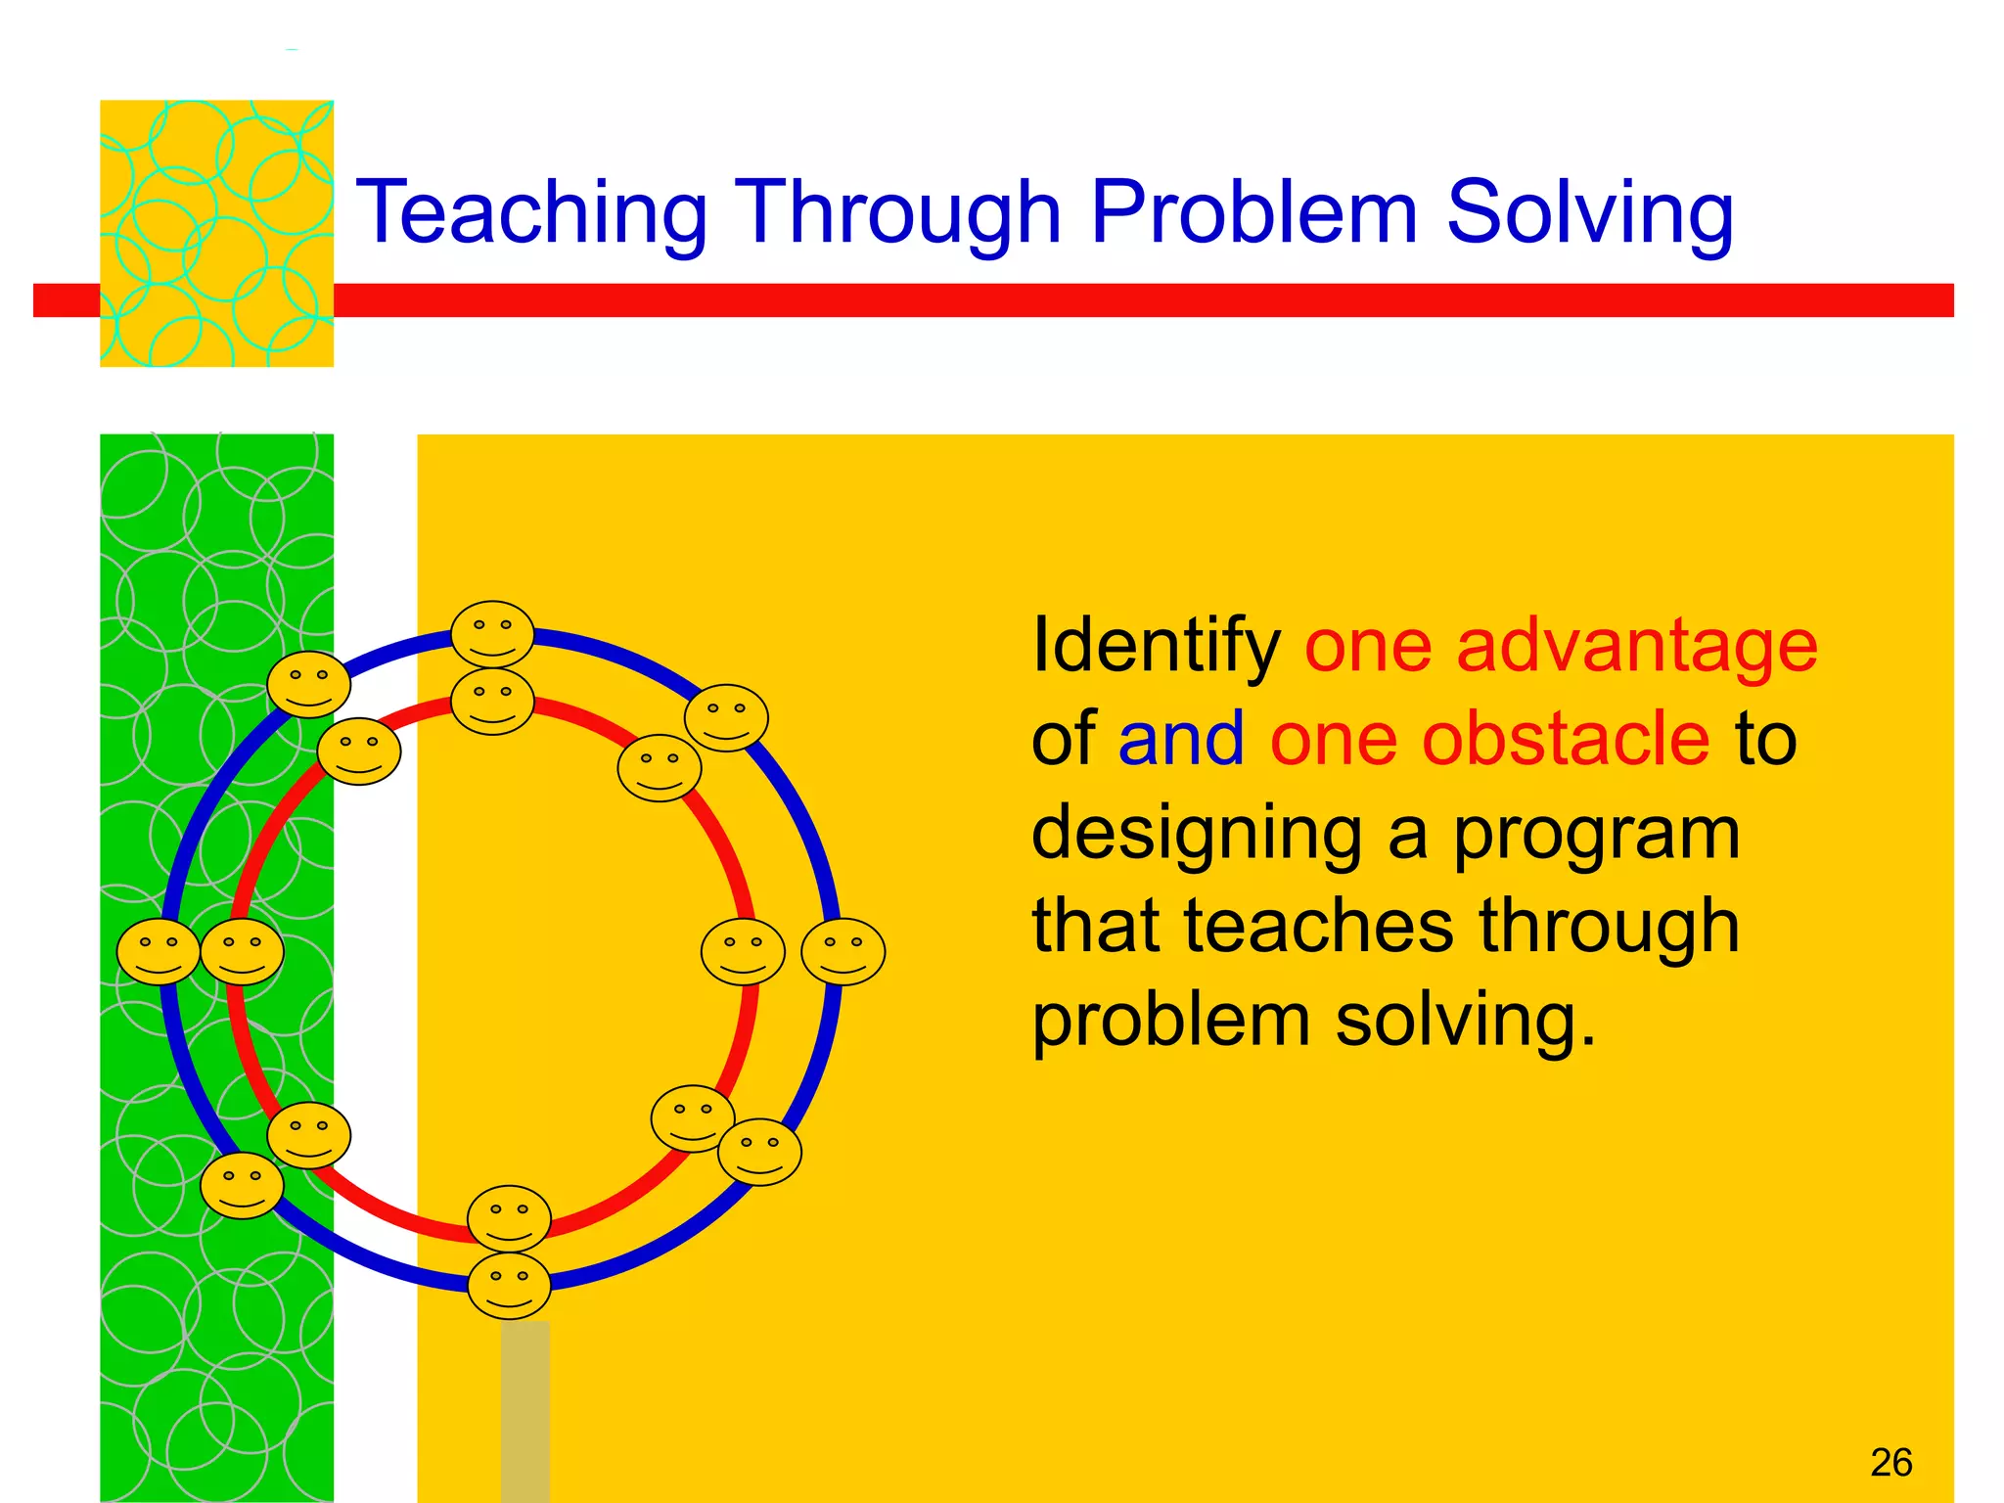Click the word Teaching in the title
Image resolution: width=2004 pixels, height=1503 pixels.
coord(531,212)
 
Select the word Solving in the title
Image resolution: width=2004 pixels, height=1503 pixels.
coord(1590,212)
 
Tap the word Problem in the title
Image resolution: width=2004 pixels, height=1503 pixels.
coord(1253,212)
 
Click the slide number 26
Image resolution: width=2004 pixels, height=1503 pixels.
coord(1890,1463)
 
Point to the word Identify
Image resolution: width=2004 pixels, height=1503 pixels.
coord(1156,646)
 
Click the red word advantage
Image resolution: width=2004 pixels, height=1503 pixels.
coord(1637,646)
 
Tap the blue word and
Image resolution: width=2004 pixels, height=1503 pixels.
coord(1181,739)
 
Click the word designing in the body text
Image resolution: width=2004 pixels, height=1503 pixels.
coord(1197,834)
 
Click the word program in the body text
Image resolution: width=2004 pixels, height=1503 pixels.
coord(1596,834)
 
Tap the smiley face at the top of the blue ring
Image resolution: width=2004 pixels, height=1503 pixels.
coord(492,634)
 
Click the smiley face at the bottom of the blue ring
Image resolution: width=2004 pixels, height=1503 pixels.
coord(509,1286)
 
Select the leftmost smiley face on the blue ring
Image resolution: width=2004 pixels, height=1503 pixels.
coord(159,951)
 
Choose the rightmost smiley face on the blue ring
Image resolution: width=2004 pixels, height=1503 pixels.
coord(843,951)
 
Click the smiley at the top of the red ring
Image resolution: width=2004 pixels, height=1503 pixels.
coord(492,701)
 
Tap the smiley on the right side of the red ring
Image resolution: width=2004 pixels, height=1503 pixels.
coord(743,951)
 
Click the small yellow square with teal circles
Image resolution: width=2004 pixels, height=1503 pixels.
coord(216,233)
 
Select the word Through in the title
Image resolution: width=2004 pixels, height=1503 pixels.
coord(897,212)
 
